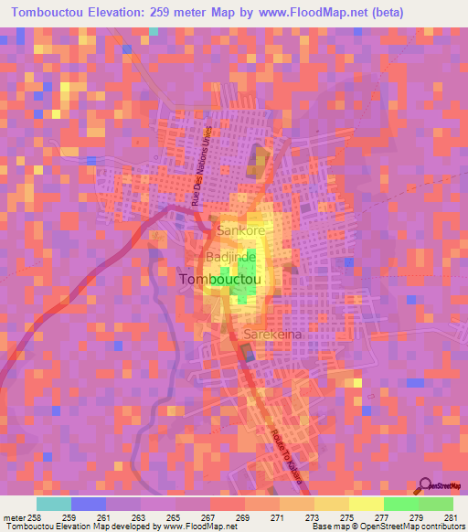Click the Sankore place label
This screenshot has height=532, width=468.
[239, 231]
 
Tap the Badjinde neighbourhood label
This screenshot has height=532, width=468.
[230, 258]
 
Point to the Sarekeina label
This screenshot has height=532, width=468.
[272, 335]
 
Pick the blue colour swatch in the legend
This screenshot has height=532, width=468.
[88, 504]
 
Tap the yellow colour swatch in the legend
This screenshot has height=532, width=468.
[331, 504]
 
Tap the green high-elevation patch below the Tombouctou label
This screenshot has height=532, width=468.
[242, 293]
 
